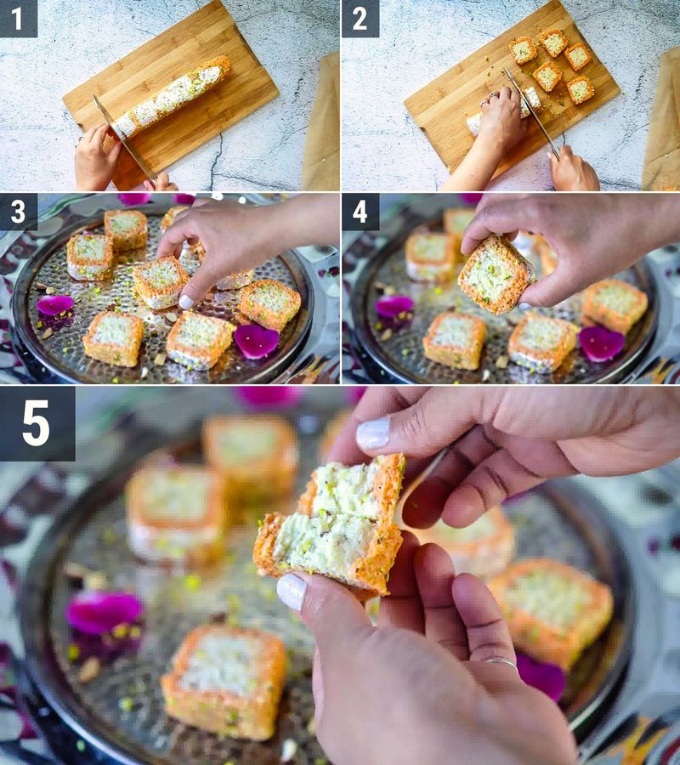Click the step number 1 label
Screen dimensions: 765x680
click(18, 18)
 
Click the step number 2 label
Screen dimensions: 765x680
click(360, 18)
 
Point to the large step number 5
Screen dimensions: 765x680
click(37, 422)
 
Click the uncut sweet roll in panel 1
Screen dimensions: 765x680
click(174, 93)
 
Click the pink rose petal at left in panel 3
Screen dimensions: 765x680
click(54, 304)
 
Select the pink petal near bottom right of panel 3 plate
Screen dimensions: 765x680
click(256, 339)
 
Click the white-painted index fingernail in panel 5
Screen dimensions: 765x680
click(373, 433)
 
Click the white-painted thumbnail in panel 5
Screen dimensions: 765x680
click(292, 591)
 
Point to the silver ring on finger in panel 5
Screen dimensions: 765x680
click(501, 661)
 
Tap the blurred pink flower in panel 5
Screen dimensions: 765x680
click(105, 612)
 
